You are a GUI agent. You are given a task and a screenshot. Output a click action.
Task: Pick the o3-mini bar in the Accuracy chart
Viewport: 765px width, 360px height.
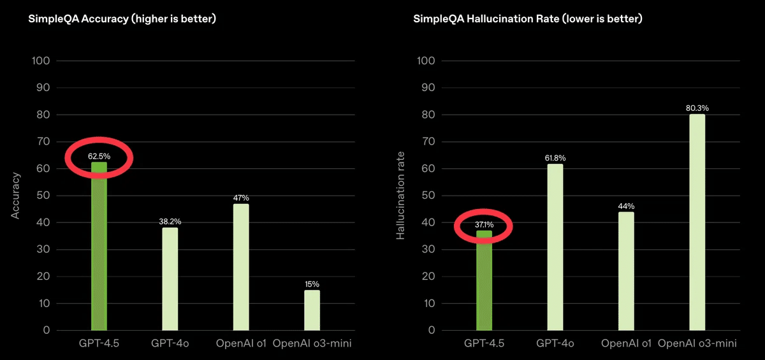pyautogui.click(x=312, y=310)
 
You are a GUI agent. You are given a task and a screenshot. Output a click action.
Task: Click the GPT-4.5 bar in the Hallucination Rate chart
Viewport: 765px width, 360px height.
pyautogui.click(x=484, y=284)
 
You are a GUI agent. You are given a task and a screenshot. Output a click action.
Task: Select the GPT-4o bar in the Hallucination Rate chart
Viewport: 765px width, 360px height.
pyautogui.click(x=555, y=248)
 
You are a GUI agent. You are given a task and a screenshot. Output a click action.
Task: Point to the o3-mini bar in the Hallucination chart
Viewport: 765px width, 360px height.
pyautogui.click(x=697, y=223)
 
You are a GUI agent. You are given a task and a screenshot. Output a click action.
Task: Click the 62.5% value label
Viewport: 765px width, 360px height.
pyautogui.click(x=99, y=155)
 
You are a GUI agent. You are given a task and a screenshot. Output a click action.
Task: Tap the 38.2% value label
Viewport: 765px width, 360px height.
pyautogui.click(x=170, y=221)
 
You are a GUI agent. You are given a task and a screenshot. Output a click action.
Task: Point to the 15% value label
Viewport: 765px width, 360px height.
pyautogui.click(x=312, y=284)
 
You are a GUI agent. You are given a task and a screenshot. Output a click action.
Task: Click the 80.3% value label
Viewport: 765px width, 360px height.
pyautogui.click(x=697, y=108)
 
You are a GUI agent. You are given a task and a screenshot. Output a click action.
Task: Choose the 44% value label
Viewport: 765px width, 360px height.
pyautogui.click(x=626, y=206)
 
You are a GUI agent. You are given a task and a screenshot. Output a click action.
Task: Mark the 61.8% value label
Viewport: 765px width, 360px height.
pyautogui.click(x=555, y=157)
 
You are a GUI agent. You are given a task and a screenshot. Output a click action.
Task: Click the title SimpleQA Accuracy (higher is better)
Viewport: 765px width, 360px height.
pyautogui.click(x=122, y=19)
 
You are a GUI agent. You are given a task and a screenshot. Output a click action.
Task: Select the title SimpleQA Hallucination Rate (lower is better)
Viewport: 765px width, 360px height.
pyautogui.click(x=527, y=19)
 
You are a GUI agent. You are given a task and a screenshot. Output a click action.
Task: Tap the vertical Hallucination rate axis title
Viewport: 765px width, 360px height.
pyautogui.click(x=400, y=195)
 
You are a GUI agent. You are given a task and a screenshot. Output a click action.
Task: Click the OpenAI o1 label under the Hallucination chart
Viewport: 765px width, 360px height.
pyautogui.click(x=626, y=344)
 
